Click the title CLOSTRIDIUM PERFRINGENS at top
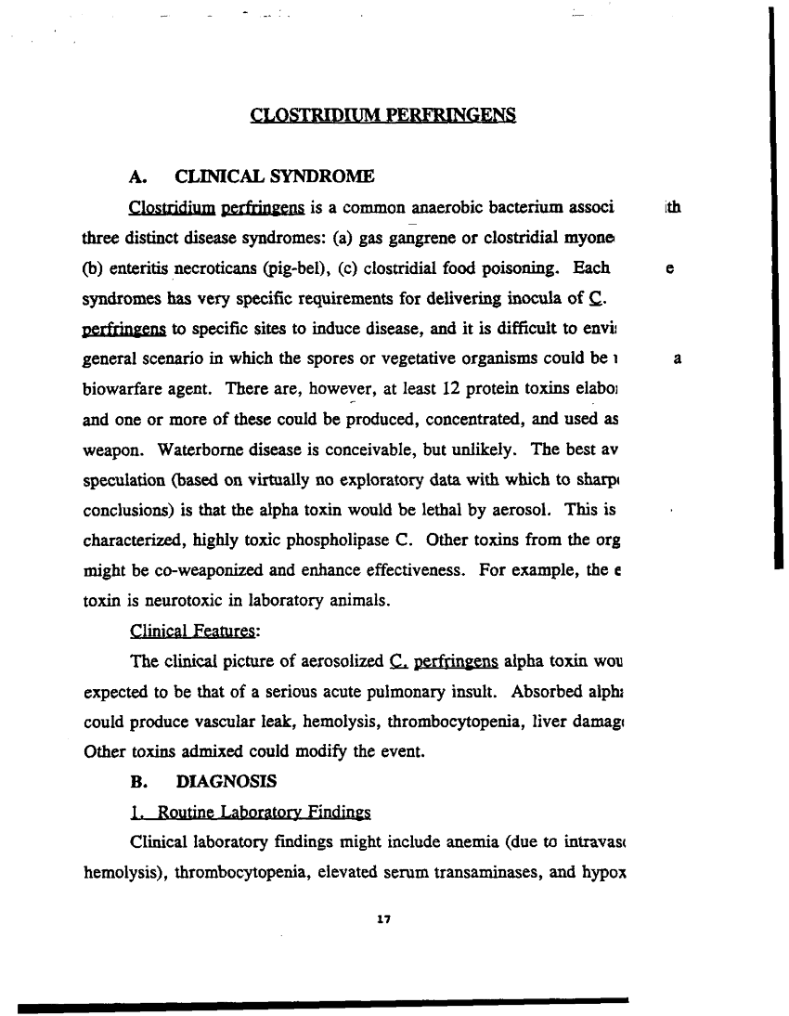tap(382, 116)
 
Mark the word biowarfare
tap(121, 387)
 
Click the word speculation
tap(123, 478)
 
